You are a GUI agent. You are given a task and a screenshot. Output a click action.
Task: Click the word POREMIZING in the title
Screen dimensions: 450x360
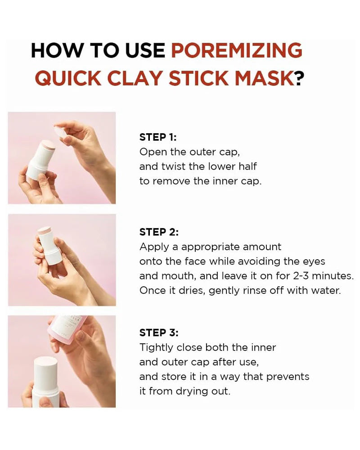click(237, 50)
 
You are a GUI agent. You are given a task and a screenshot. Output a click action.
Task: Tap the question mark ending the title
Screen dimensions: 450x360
click(299, 78)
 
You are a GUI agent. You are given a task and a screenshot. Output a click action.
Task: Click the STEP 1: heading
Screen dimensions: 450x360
click(158, 137)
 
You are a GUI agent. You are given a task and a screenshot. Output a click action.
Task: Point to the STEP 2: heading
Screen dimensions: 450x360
click(159, 232)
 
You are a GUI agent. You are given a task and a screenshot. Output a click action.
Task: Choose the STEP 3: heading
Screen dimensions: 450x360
click(159, 333)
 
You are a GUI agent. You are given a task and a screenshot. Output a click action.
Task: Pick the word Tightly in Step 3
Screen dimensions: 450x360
click(155, 347)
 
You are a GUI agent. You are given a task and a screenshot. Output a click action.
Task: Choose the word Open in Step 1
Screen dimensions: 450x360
click(152, 152)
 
